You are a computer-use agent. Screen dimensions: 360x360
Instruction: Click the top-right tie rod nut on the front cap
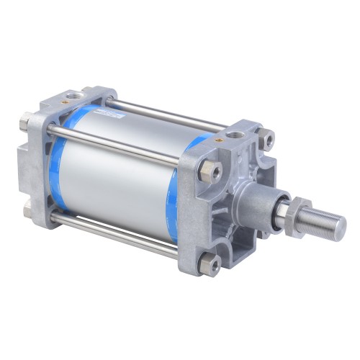click(x=268, y=140)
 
